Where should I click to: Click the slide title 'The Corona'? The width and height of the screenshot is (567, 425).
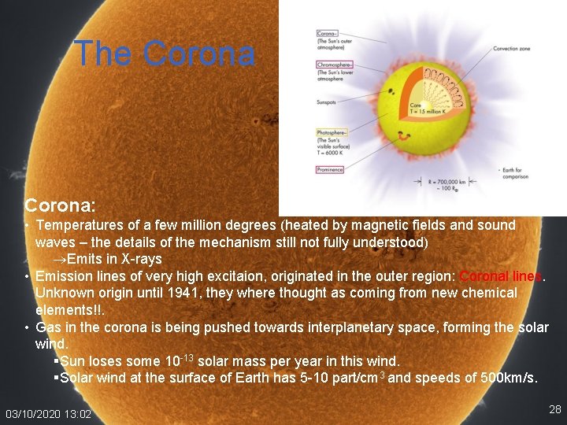(x=164, y=54)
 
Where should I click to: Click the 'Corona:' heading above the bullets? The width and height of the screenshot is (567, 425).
(x=60, y=205)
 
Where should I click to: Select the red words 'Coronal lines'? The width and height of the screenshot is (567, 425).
(x=501, y=276)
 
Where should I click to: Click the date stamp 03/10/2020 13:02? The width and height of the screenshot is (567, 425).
(x=48, y=414)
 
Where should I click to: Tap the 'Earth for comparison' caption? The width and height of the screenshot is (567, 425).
(x=515, y=173)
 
